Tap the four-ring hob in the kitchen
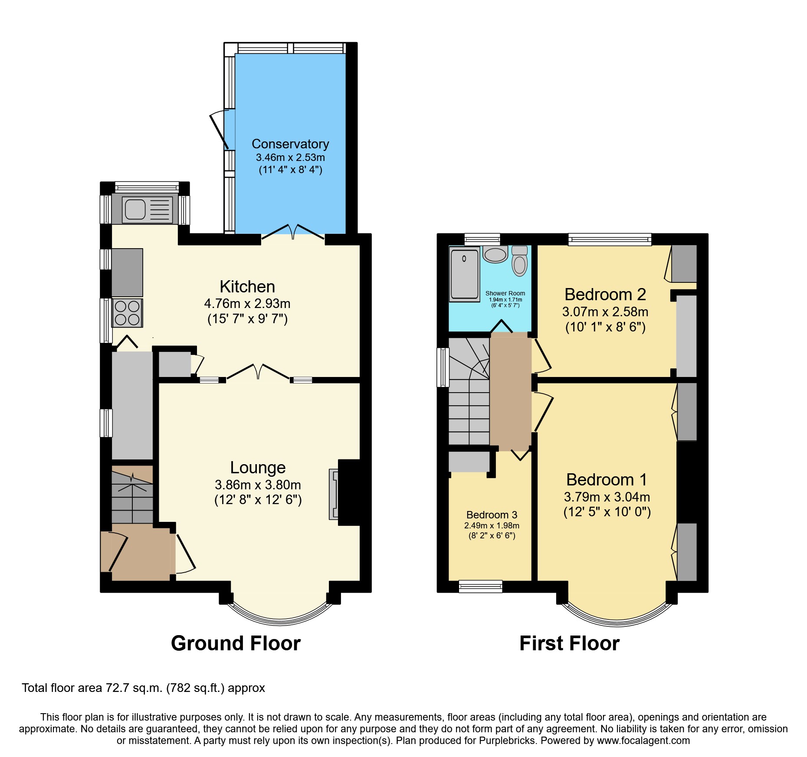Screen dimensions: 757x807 coord(127,313)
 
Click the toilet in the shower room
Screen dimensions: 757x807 coord(519,262)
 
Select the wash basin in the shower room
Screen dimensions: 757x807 coord(495,254)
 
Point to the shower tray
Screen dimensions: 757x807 coord(464,274)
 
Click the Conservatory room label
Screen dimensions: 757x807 coord(290,144)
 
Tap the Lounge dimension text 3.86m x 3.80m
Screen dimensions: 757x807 coord(258,485)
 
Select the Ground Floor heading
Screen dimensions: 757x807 coord(236,643)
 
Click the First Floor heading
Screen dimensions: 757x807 coord(569,643)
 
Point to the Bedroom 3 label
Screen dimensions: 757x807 coord(492,515)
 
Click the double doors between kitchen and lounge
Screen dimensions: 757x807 coord(258,372)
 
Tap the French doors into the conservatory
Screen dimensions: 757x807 coord(293,232)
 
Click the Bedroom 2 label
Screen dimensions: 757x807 coord(605,295)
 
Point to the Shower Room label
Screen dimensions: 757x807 coord(505,293)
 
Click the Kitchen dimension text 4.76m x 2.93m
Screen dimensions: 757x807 coord(247,304)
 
